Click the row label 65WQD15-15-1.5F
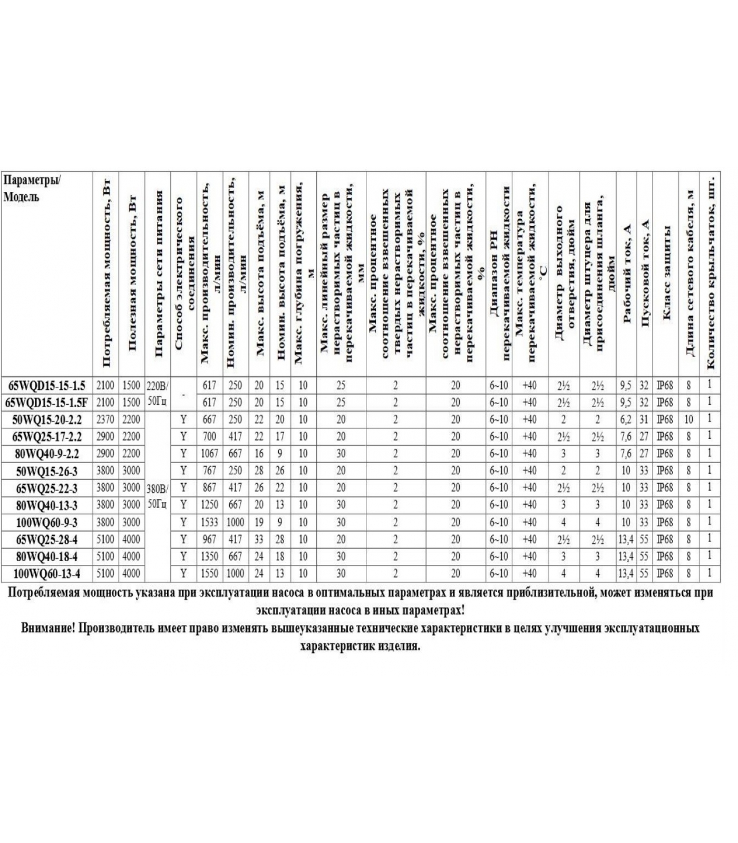(46, 403)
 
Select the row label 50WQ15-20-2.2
(46, 420)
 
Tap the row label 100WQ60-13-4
(46, 574)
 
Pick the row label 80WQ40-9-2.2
(46, 454)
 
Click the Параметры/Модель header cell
(32, 189)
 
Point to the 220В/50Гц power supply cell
(157, 394)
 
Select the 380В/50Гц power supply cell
(157, 496)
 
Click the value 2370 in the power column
(105, 420)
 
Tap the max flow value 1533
(209, 523)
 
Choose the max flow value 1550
(209, 574)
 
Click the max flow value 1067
(209, 454)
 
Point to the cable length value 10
(688, 420)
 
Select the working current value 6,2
(626, 420)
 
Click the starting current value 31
(644, 420)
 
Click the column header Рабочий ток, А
(627, 274)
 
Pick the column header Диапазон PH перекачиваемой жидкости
(499, 274)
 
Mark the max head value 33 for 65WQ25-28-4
(259, 540)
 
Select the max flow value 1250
(209, 505)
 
